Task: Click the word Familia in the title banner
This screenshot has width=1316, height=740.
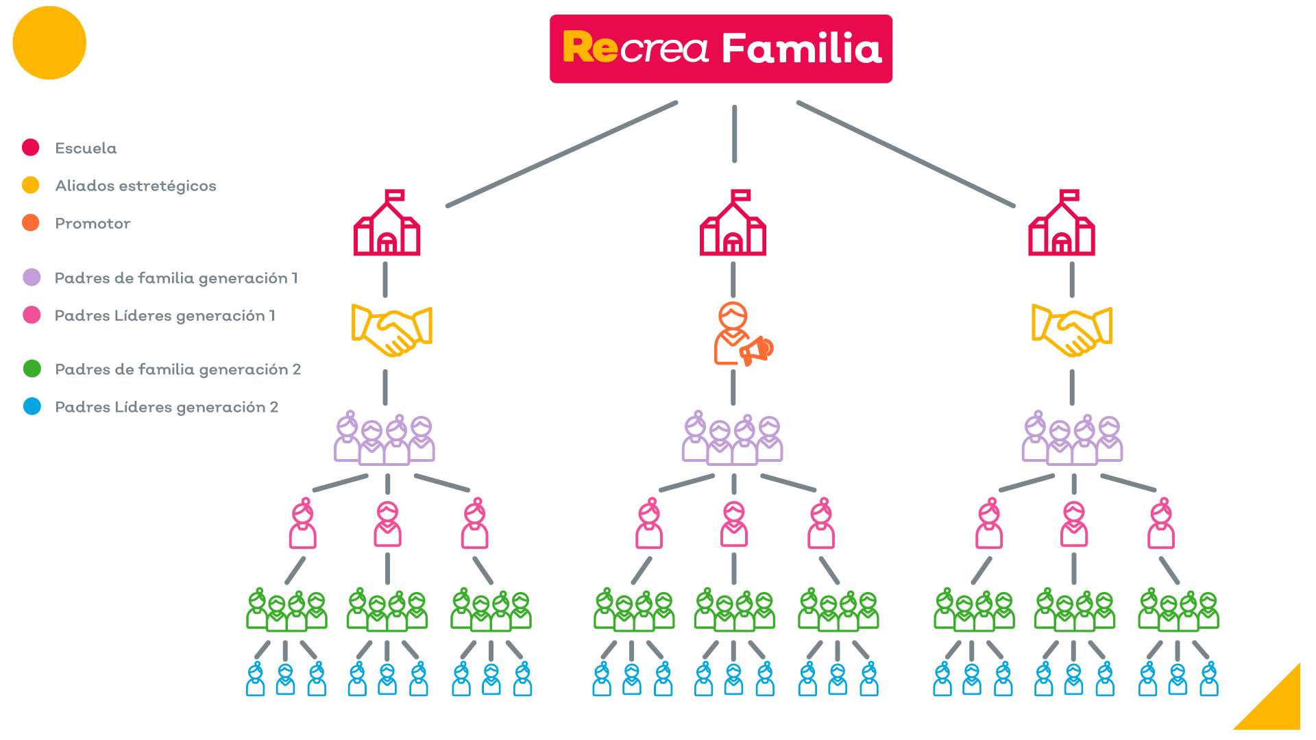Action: pyautogui.click(x=801, y=49)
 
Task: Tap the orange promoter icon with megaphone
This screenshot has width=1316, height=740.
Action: pyautogui.click(x=737, y=335)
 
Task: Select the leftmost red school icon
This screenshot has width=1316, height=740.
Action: pyautogui.click(x=387, y=224)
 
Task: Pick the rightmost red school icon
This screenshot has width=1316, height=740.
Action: pyautogui.click(x=1061, y=224)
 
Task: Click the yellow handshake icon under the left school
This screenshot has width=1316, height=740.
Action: pyautogui.click(x=391, y=331)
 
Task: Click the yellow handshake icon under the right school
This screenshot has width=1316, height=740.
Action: pyautogui.click(x=1071, y=331)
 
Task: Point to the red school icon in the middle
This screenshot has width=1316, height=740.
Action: pyautogui.click(x=733, y=224)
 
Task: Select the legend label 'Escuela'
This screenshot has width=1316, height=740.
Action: pyautogui.click(x=86, y=149)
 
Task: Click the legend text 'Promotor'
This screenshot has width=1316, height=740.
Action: pyautogui.click(x=93, y=224)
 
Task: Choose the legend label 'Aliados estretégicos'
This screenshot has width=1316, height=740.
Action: pyautogui.click(x=135, y=186)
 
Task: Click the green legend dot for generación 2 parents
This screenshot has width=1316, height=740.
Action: pyautogui.click(x=32, y=369)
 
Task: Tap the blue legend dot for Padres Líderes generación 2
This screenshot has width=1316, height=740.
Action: pyautogui.click(x=32, y=407)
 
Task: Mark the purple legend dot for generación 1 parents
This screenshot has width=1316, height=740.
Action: pyautogui.click(x=32, y=277)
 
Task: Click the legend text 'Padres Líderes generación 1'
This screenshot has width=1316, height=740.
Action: pyautogui.click(x=164, y=316)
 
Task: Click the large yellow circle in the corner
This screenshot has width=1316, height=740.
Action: pyautogui.click(x=49, y=42)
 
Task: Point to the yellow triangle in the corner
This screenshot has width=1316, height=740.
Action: pyautogui.click(x=1279, y=706)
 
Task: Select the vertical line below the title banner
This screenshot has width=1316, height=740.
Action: pyautogui.click(x=734, y=134)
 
